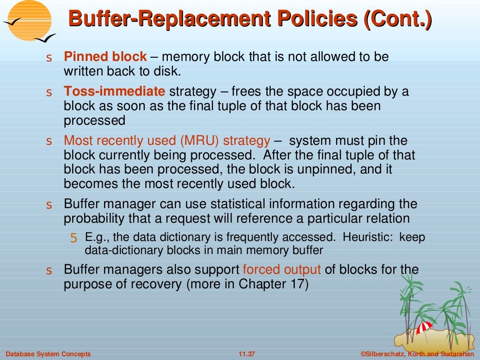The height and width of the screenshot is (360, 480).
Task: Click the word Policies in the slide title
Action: click(x=322, y=20)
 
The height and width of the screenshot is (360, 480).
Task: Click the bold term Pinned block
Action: click(x=105, y=57)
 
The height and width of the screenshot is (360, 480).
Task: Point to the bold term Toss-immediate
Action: click(x=114, y=91)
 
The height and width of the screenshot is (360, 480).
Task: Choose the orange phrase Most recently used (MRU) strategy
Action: click(x=167, y=141)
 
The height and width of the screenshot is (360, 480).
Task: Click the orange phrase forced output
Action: click(x=282, y=270)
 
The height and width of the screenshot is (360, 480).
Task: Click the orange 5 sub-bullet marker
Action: click(x=74, y=238)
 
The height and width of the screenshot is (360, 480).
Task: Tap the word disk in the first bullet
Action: click(x=167, y=72)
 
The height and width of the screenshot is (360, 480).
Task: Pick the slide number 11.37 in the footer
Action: click(x=247, y=354)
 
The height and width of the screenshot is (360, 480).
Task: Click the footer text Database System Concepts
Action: click(x=48, y=354)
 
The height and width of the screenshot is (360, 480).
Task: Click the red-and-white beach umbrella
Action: click(x=424, y=327)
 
